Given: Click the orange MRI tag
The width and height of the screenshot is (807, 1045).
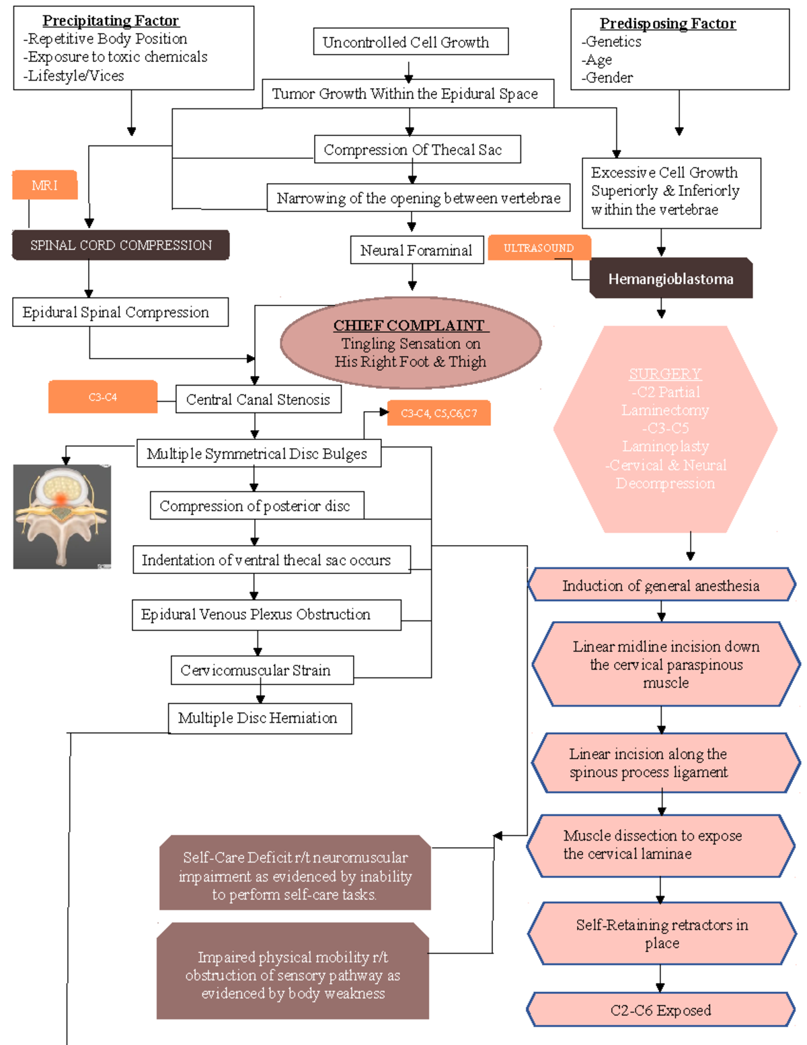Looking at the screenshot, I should (x=44, y=185).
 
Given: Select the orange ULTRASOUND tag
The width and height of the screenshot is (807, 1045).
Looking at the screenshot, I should (x=539, y=248).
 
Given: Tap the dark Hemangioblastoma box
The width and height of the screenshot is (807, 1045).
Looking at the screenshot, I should (x=670, y=279).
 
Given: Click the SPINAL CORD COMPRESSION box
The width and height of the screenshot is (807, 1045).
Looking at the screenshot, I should (x=120, y=245).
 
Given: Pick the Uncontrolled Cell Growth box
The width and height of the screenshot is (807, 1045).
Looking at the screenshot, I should (x=410, y=42).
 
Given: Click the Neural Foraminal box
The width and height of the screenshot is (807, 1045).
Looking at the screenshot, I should (x=416, y=250).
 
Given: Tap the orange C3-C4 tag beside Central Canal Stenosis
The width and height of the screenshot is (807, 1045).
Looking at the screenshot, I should (x=102, y=397).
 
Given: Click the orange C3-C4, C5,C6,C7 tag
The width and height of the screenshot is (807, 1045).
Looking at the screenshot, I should (x=438, y=413).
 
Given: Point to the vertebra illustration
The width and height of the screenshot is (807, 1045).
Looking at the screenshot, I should (x=62, y=517).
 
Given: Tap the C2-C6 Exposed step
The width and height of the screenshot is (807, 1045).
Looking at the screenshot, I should (x=660, y=1010).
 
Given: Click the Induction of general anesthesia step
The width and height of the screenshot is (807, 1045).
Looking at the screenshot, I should (x=660, y=585).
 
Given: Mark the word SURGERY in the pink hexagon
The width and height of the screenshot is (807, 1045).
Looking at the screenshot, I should (x=664, y=373).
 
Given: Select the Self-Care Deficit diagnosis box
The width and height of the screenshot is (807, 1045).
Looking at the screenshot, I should (x=295, y=875).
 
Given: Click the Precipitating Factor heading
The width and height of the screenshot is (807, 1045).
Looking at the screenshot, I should (x=111, y=21).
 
